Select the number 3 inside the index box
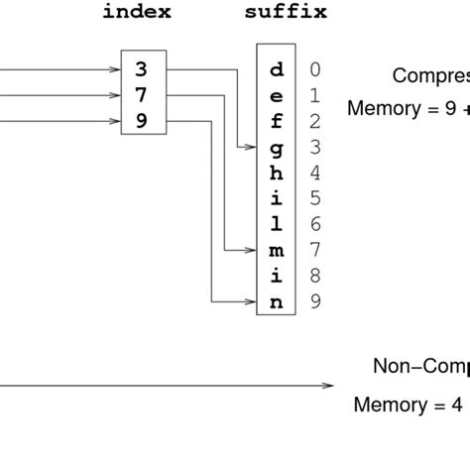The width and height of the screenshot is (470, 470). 142,69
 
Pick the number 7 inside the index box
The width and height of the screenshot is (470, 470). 142,95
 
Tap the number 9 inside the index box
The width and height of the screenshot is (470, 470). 142,121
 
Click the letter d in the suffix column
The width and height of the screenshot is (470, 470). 276,69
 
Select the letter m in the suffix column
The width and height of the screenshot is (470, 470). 276,251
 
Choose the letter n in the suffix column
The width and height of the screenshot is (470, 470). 276,302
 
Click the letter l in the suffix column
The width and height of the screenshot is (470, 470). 276,225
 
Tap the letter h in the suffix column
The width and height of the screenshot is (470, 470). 276,173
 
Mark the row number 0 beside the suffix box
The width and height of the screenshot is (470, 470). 314,69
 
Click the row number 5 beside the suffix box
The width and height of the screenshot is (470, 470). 314,198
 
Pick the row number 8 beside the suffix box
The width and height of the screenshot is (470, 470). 314,277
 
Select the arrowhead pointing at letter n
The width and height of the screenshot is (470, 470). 251,302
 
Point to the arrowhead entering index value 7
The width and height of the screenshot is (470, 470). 113,95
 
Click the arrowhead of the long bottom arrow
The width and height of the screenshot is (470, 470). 328,387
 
